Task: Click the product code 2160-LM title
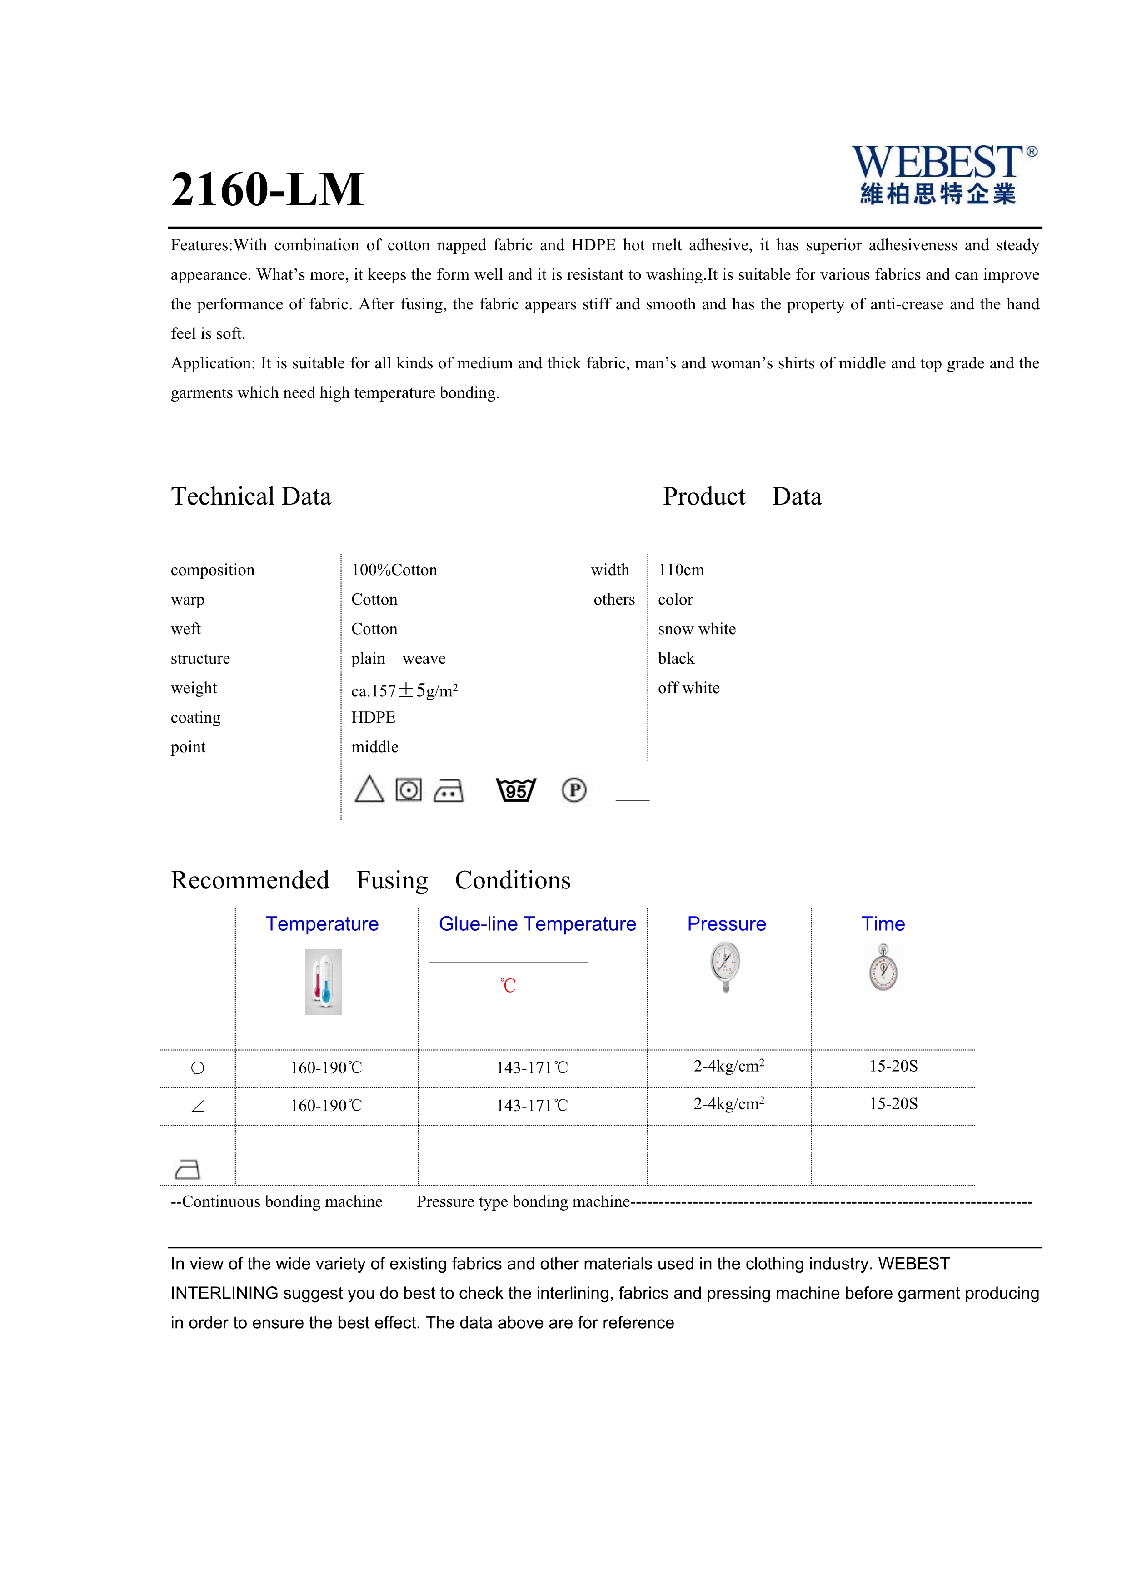point(267,189)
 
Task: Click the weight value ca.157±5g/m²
point(404,690)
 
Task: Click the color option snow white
point(697,629)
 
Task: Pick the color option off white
point(688,688)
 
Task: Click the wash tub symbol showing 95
point(516,790)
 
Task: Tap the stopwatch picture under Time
point(883,968)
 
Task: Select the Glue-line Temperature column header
point(537,924)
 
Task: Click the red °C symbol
point(508,986)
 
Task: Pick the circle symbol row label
point(198,1068)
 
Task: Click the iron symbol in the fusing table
point(187,1170)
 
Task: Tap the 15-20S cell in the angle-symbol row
point(893,1104)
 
